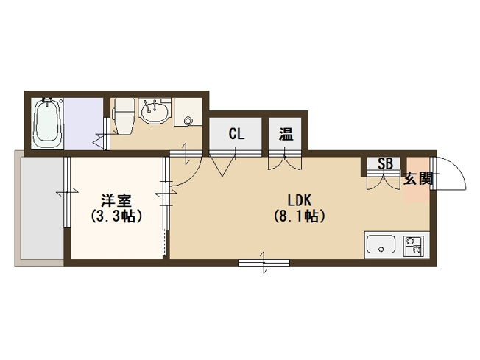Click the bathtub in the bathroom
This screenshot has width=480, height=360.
47,124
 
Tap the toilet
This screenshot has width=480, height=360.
123,116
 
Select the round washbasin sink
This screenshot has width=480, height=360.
155,111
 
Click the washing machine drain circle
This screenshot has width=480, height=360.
188,121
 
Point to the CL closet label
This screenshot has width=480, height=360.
236,134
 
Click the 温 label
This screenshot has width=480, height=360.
286,134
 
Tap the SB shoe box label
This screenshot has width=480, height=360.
385,163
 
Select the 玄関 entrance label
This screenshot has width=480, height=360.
418,178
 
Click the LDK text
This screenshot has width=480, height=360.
300,200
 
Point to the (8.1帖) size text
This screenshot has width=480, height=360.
299,216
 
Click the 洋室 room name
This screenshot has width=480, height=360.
116,200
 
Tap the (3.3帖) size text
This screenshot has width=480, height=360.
116,216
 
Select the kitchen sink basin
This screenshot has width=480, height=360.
381,244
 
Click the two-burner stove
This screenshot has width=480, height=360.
413,246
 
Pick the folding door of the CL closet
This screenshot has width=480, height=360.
223,164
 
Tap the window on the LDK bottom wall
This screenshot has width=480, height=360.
264,263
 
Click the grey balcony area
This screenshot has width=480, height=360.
42,208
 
